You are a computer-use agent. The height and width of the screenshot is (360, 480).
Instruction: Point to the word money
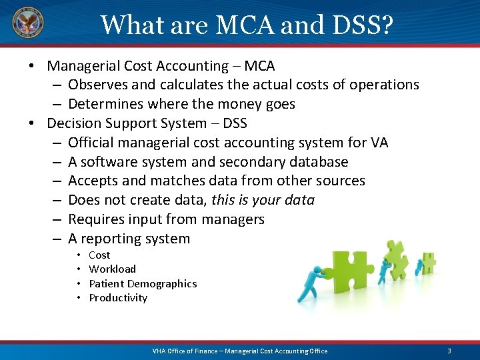pyautogui.click(x=233, y=104)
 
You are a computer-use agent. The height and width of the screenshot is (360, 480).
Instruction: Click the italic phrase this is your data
pyautogui.click(x=263, y=200)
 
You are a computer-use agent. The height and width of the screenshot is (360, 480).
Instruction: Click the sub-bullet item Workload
pyautogui.click(x=112, y=269)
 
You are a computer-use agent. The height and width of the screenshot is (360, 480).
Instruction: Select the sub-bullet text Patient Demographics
pyautogui.click(x=143, y=284)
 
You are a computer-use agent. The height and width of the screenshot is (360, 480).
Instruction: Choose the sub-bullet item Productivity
pyautogui.click(x=118, y=298)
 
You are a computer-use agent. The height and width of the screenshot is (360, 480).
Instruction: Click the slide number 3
pyautogui.click(x=449, y=351)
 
